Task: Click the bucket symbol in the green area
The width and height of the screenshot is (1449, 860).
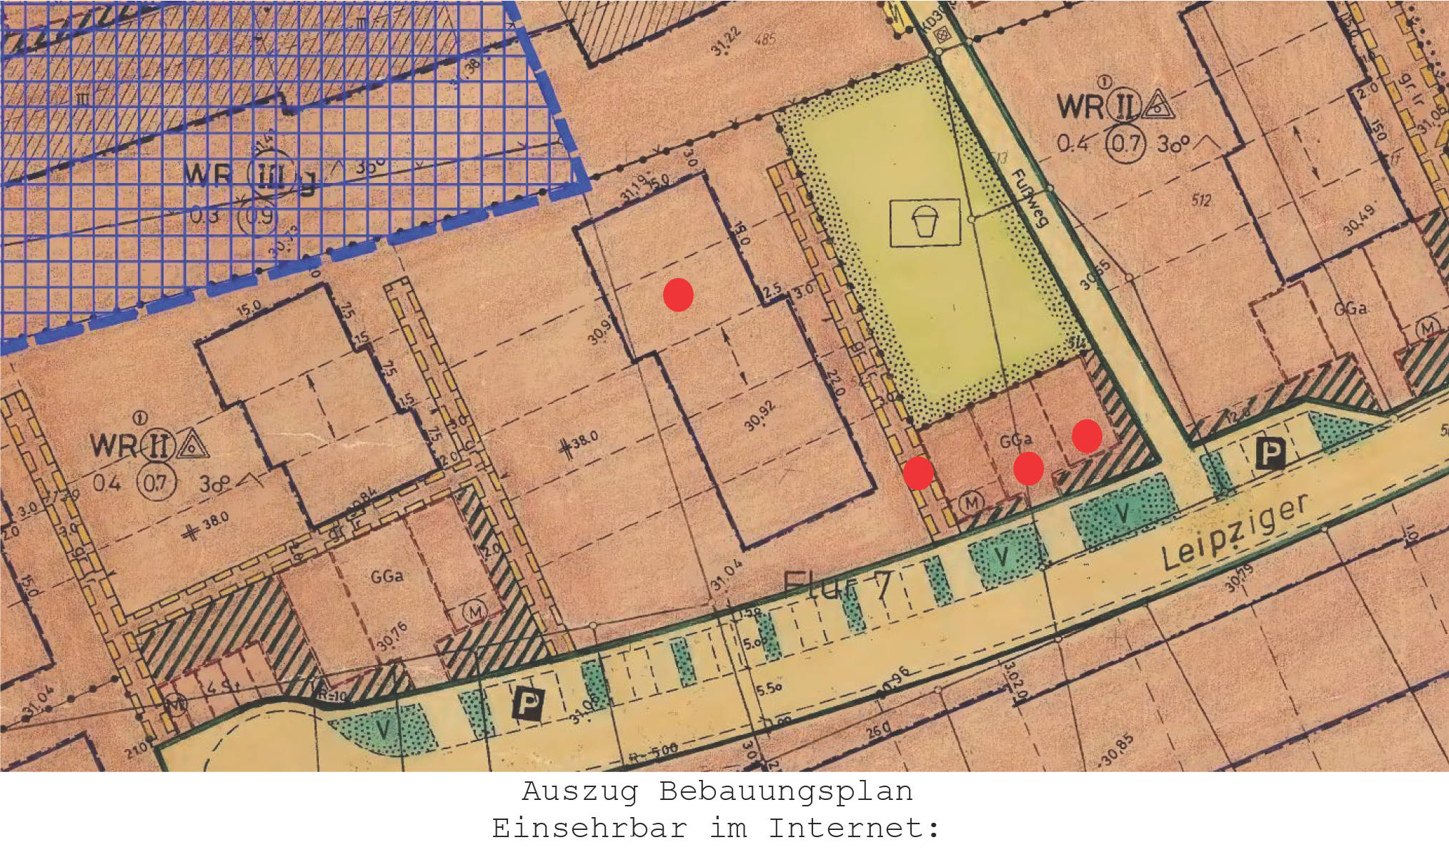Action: click(925, 222)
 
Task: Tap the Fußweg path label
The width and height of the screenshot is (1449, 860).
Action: click(1030, 198)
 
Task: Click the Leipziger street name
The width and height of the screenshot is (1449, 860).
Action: click(1235, 532)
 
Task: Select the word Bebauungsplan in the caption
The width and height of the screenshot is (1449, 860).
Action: click(785, 792)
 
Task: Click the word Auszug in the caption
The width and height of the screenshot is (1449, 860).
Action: click(579, 792)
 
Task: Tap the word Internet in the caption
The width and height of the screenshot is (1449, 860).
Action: click(854, 829)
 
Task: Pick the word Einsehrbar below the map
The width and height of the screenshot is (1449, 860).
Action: click(589, 829)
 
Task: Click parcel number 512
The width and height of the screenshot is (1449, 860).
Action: click(1201, 200)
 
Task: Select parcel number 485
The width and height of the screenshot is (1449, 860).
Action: click(765, 38)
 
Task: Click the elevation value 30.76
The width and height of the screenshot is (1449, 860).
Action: click(392, 636)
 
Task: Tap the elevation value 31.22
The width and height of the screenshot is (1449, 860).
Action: click(726, 41)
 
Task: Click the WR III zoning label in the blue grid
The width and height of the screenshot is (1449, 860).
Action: click(236, 175)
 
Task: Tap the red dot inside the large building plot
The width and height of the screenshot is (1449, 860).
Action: click(678, 295)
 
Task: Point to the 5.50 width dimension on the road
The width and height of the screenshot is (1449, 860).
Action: click(769, 688)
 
